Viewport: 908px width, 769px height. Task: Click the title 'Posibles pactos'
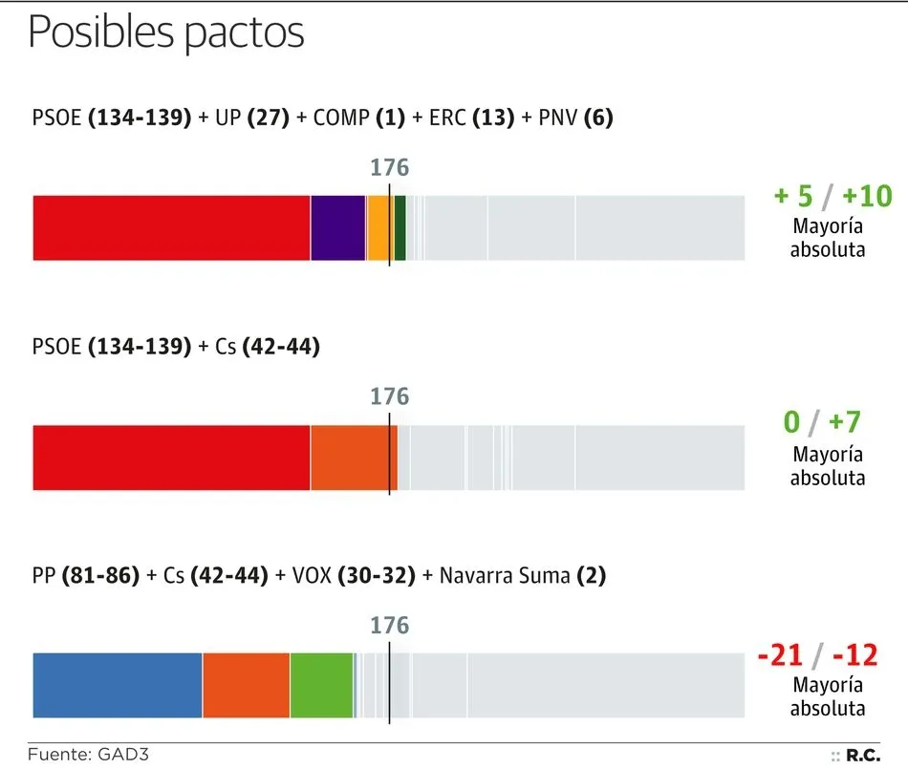[x=166, y=32]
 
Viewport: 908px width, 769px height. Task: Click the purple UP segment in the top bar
[x=338, y=227]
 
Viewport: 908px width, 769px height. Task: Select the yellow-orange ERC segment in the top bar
[x=378, y=227]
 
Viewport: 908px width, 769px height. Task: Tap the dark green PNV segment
[x=400, y=227]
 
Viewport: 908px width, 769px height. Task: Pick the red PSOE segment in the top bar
[x=172, y=227]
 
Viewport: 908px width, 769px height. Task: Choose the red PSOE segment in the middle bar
[x=172, y=458]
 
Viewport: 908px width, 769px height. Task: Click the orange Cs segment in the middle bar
[x=352, y=458]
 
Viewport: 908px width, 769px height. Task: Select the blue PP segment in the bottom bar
[x=118, y=685]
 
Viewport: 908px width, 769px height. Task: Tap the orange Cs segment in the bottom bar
[x=246, y=685]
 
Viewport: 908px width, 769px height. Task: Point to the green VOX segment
[x=321, y=685]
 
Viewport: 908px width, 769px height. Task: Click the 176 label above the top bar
[x=389, y=168]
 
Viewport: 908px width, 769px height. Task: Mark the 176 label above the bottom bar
[x=389, y=626]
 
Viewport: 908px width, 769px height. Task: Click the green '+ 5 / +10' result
[x=832, y=197]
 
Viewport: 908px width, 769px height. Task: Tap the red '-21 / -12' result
[x=817, y=655]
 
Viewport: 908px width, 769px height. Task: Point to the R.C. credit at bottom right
[x=862, y=756]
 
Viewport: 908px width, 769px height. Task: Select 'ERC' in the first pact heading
[x=446, y=118]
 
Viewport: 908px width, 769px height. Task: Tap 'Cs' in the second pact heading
[x=226, y=347]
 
